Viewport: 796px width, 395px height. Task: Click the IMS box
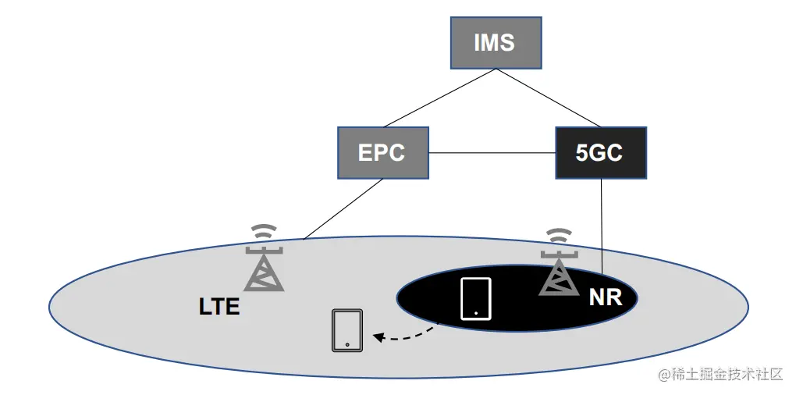click(494, 41)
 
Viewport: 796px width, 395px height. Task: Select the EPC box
click(382, 152)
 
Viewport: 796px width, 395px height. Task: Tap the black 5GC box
click(600, 152)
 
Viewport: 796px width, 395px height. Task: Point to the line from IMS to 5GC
click(546, 97)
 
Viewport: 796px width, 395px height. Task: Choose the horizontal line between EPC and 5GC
click(492, 152)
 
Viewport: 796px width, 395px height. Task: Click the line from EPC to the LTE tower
click(343, 208)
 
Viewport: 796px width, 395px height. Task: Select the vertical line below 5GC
click(602, 226)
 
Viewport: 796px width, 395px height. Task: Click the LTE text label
click(219, 307)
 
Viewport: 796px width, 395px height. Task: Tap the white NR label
click(605, 297)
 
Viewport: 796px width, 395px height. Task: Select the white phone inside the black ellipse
click(476, 298)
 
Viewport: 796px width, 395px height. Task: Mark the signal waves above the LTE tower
click(265, 232)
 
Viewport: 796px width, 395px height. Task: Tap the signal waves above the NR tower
click(558, 237)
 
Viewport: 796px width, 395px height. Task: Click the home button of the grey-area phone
click(347, 344)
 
